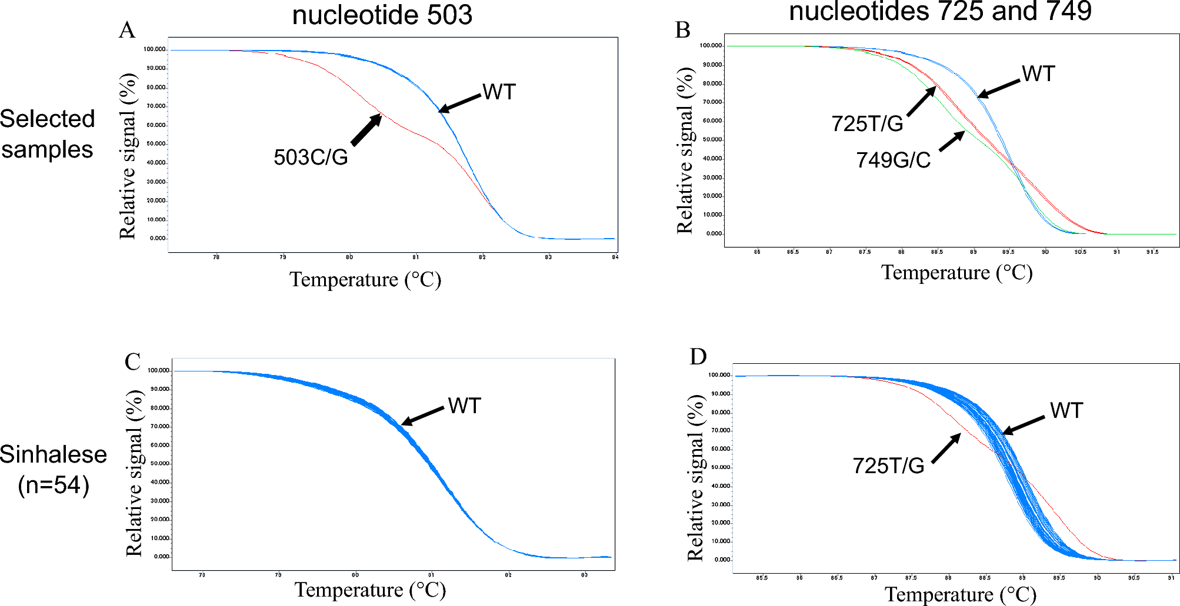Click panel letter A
click(127, 31)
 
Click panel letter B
click(682, 30)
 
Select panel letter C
click(132, 361)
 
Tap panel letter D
click(698, 356)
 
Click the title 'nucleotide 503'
click(382, 15)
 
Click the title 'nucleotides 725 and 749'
click(940, 12)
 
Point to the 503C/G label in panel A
click(311, 157)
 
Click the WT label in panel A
click(499, 92)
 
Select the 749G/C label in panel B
click(893, 160)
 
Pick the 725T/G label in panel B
click(867, 124)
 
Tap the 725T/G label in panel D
click(888, 466)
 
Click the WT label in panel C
click(464, 406)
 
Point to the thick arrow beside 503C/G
click(366, 130)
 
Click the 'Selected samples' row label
click(47, 134)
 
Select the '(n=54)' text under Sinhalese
click(54, 486)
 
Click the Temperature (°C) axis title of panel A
click(365, 280)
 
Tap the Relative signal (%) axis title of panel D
click(695, 478)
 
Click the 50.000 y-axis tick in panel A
click(156, 144)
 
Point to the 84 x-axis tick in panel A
click(615, 257)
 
